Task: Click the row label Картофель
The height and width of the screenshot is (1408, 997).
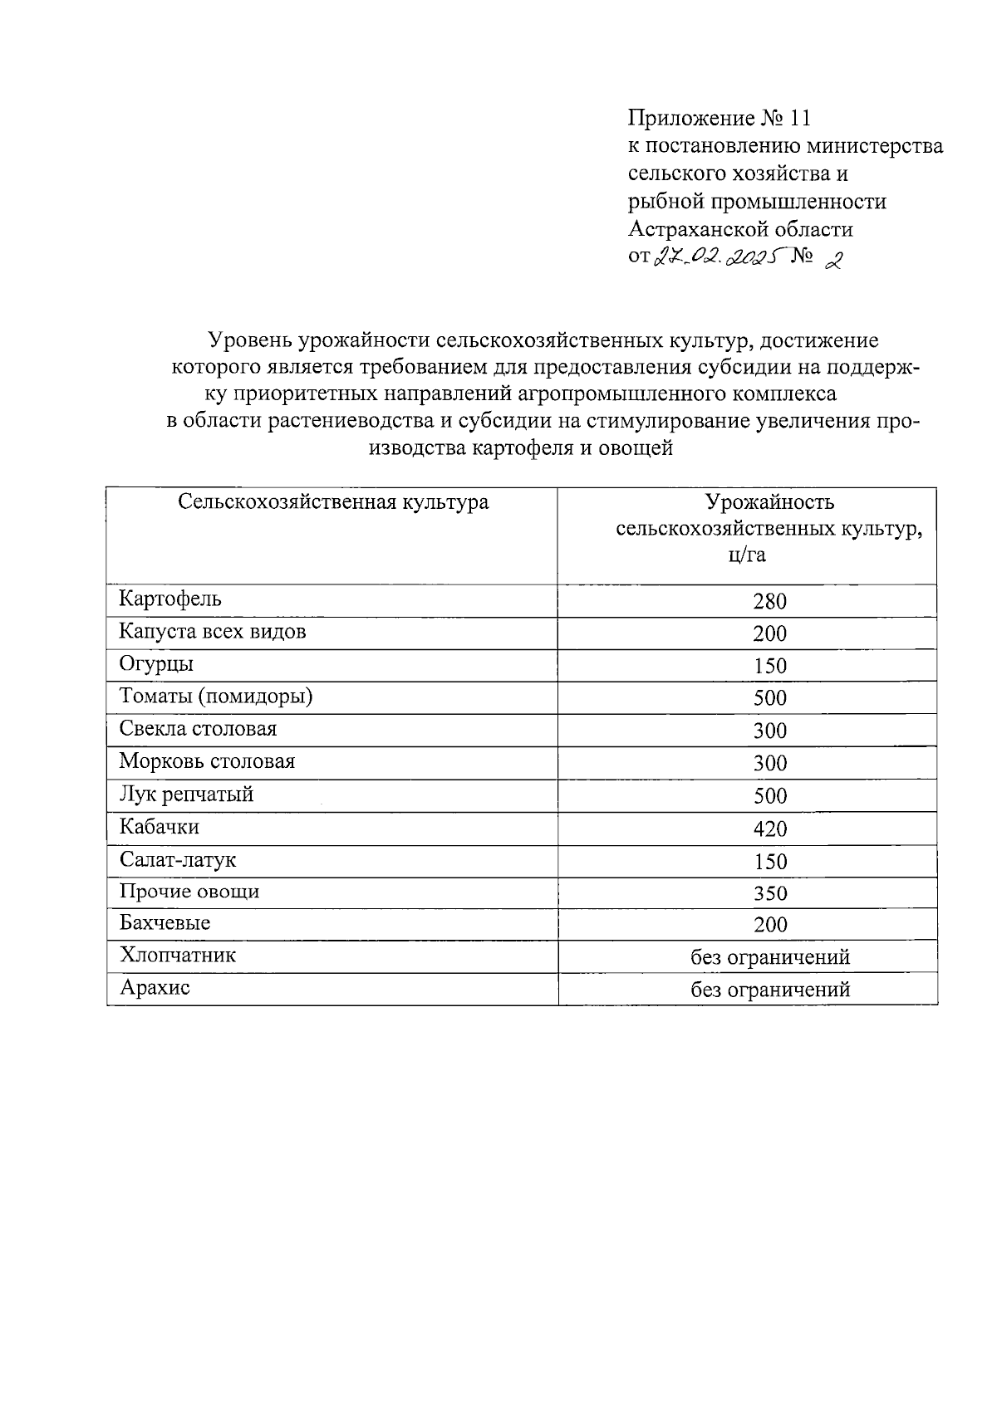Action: (x=170, y=599)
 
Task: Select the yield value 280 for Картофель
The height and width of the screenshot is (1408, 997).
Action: (x=769, y=601)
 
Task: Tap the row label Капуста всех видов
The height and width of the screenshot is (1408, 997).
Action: (x=213, y=632)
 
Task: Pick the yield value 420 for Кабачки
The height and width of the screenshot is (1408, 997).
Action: (x=769, y=829)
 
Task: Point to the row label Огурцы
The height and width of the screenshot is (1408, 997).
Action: (x=156, y=664)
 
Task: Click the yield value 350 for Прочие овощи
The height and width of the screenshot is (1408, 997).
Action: (x=769, y=893)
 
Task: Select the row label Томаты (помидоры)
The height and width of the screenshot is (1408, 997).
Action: (x=216, y=697)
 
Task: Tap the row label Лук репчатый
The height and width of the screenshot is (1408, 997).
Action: (x=186, y=794)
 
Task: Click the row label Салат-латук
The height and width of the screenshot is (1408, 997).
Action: (x=178, y=860)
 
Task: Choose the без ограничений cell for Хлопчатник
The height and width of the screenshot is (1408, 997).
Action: (x=770, y=957)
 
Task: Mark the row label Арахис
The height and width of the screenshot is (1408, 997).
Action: (x=155, y=989)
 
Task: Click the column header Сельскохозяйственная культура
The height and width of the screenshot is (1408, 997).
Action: (x=333, y=502)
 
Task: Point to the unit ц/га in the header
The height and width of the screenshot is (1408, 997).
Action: (x=746, y=555)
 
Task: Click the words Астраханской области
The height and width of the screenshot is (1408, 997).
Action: (x=740, y=228)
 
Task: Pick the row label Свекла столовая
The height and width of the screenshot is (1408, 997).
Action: (x=198, y=729)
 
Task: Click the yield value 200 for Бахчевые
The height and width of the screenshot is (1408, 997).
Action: (x=769, y=925)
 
